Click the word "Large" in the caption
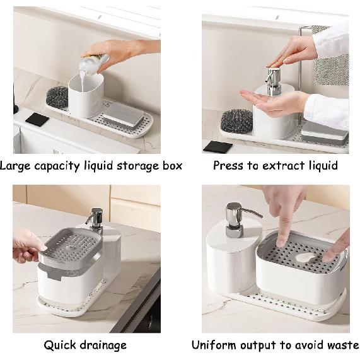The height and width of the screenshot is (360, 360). tap(15, 166)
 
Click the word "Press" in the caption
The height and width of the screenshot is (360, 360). tap(228, 166)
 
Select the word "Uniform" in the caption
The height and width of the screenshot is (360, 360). tap(214, 345)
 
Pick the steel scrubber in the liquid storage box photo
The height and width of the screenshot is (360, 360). tap(57, 97)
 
